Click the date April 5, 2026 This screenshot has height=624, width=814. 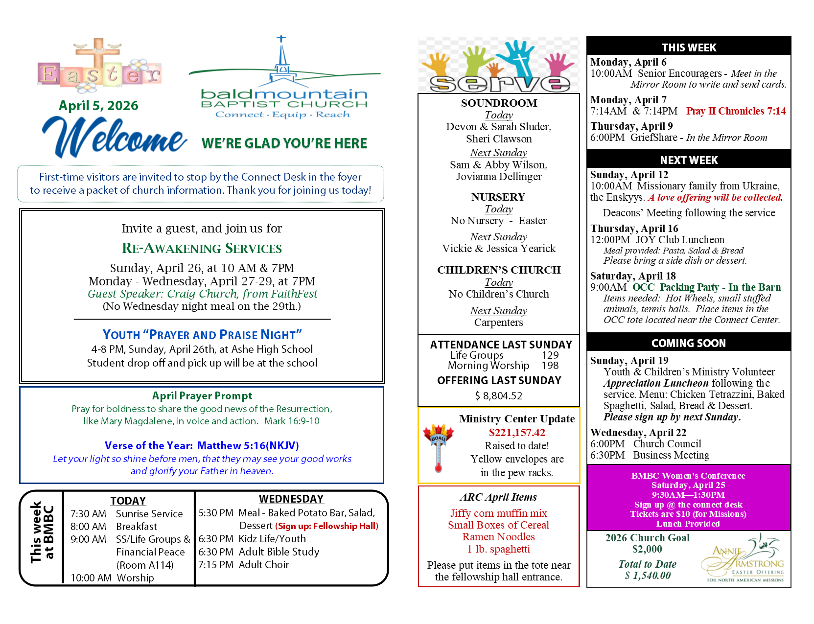click(x=98, y=106)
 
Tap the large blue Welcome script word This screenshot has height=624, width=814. click(x=115, y=137)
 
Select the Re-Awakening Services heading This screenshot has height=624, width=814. click(x=202, y=249)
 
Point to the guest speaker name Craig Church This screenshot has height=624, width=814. click(x=202, y=294)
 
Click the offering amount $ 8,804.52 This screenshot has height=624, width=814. click(x=498, y=395)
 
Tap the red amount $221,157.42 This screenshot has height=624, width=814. click(x=517, y=433)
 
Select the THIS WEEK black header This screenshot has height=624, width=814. click(x=689, y=47)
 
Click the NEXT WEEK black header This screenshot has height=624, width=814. click(x=689, y=160)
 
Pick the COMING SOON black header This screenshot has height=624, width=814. click(x=689, y=343)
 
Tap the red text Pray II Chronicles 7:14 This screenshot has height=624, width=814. click(x=736, y=111)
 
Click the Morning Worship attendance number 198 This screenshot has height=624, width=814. click(x=550, y=366)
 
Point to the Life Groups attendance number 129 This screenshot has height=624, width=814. click(x=550, y=355)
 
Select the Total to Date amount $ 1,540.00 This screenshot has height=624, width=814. click(x=648, y=576)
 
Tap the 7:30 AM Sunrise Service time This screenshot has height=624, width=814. click(x=88, y=514)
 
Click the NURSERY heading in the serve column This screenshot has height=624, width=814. click(x=498, y=197)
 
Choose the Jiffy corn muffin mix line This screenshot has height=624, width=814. click(x=498, y=513)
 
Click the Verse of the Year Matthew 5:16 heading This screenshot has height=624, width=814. click(x=202, y=446)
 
